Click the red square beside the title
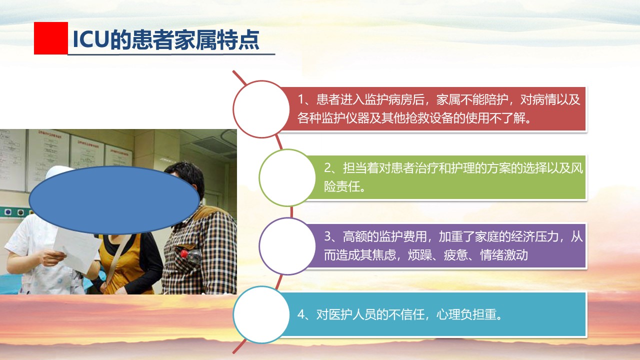tap(51, 38)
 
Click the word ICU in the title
tap(91, 39)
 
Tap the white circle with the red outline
tap(261, 109)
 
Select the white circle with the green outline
tap(287, 177)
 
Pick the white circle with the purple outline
tap(287, 246)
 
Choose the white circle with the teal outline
tap(261, 314)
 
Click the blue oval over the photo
tap(114, 200)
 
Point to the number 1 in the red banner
tap(301, 99)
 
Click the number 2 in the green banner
tap(327, 168)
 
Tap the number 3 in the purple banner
tap(327, 236)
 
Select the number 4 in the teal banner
tap(301, 314)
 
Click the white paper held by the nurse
tap(77, 251)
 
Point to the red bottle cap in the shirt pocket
tap(184, 253)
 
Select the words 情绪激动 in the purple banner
tap(504, 255)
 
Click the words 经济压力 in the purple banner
tap(534, 236)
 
